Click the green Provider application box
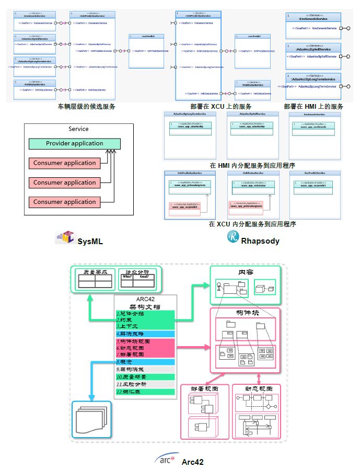pos(74,143)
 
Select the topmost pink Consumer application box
pos(64,163)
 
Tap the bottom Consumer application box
pos(64,202)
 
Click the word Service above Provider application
pos(78,129)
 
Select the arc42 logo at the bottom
pos(167,459)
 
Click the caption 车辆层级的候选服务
pos(86,106)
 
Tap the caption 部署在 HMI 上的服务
pos(313,106)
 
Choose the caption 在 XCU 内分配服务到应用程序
pos(252,224)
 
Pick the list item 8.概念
pos(125,362)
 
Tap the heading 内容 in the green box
pos(246,272)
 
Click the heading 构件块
pos(246,313)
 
